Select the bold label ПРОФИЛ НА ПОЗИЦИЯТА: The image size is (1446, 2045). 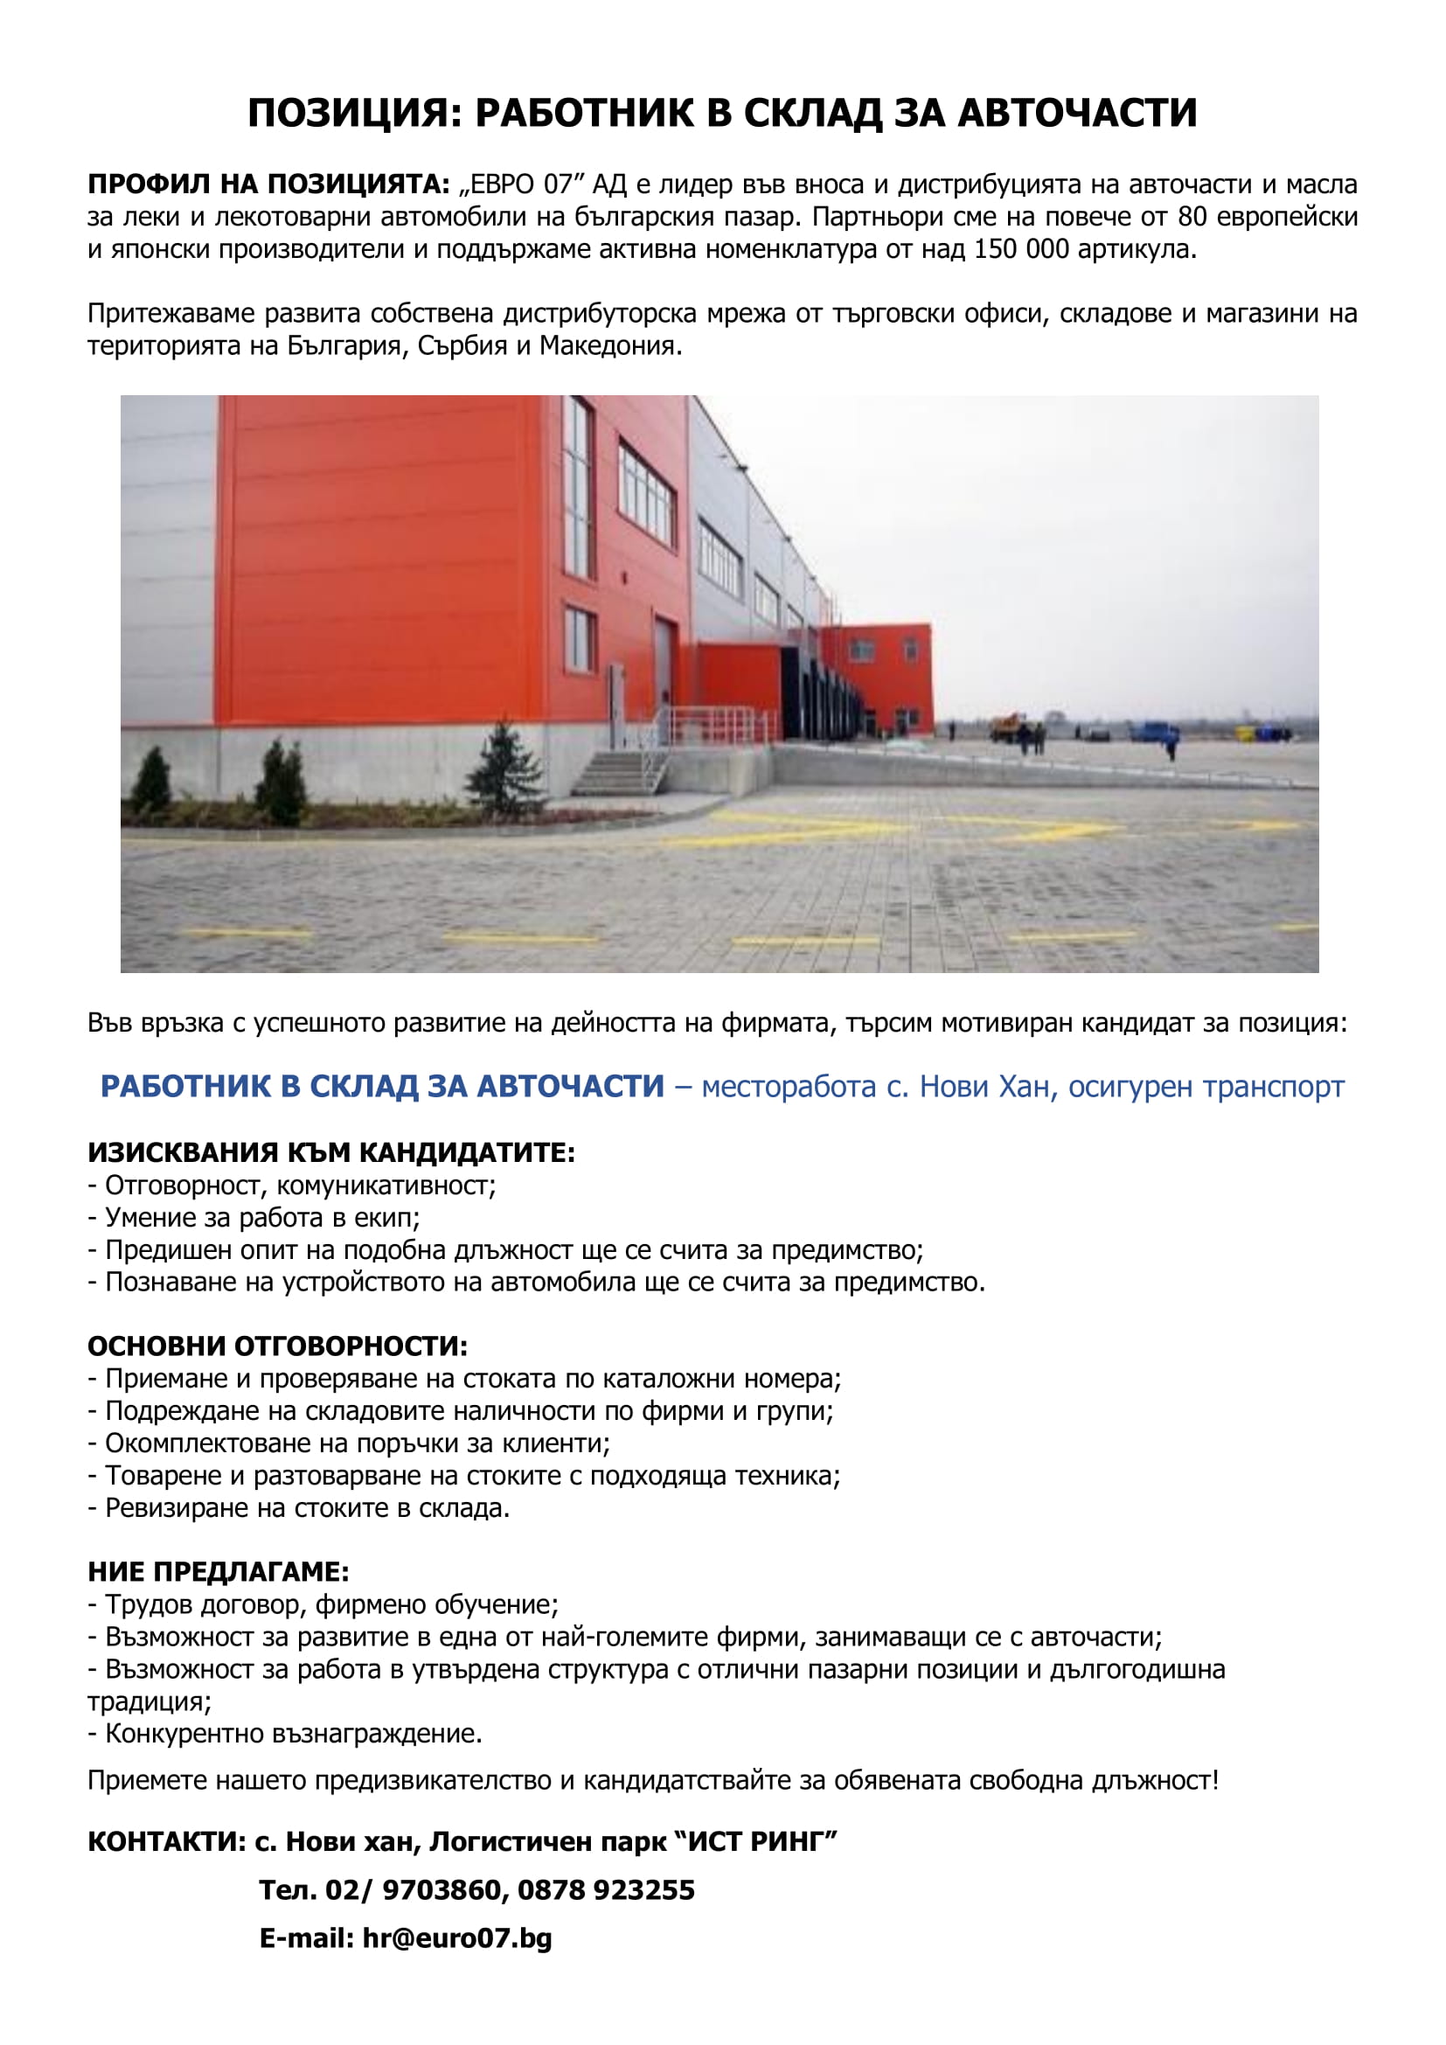pos(268,185)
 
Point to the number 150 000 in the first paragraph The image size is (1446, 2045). pos(1020,249)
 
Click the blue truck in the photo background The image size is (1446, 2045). pos(1155,731)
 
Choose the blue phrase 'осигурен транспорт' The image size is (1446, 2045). pos(1206,1088)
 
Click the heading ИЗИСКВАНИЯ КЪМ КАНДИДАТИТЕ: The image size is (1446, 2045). pos(331,1153)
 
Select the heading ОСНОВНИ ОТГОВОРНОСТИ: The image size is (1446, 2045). pos(277,1346)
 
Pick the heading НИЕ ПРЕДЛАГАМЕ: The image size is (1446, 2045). pos(219,1572)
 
